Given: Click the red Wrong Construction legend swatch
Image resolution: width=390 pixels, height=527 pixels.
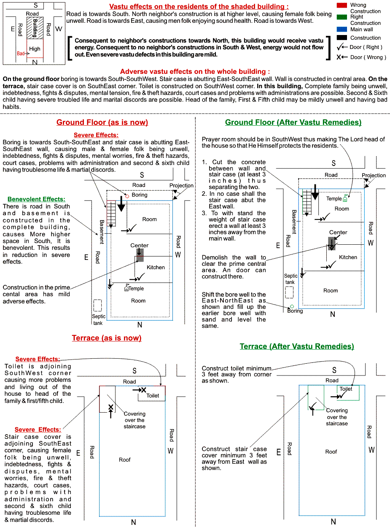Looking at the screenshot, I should click(x=342, y=5).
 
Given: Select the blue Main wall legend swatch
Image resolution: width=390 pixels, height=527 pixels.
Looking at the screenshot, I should click(x=342, y=30).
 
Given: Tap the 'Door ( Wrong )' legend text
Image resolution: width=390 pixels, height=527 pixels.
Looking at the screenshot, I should click(x=368, y=57).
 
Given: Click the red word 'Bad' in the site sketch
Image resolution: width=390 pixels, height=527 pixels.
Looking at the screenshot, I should click(x=21, y=54).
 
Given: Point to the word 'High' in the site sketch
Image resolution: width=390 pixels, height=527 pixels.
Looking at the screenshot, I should click(x=35, y=49).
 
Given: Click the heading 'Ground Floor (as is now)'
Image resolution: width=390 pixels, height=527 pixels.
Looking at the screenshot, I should click(x=102, y=122).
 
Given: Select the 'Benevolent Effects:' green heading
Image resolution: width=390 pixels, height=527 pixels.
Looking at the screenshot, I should click(x=37, y=199).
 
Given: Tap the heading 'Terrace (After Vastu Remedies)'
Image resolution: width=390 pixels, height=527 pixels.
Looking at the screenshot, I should click(x=297, y=346).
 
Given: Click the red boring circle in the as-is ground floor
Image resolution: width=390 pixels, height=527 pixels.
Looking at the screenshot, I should click(x=127, y=196).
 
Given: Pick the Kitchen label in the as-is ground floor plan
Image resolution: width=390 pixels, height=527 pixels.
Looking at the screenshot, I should click(x=156, y=267).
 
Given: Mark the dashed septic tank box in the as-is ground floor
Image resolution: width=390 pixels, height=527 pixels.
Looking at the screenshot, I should click(x=98, y=305).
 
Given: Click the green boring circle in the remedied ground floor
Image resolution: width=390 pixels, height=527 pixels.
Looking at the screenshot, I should click(x=291, y=307).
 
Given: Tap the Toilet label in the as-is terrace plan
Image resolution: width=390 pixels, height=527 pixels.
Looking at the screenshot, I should click(x=153, y=395).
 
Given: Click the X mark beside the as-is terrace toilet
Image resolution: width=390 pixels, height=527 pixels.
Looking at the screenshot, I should click(x=143, y=389).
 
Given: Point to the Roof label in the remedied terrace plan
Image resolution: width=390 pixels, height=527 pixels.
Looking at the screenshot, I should click(x=331, y=451).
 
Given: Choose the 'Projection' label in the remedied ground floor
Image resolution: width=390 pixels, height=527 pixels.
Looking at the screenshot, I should click(x=374, y=176).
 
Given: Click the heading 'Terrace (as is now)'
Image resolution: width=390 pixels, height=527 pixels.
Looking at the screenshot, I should click(x=107, y=338).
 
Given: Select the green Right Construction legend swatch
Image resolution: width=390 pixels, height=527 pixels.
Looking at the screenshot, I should click(x=342, y=17).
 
